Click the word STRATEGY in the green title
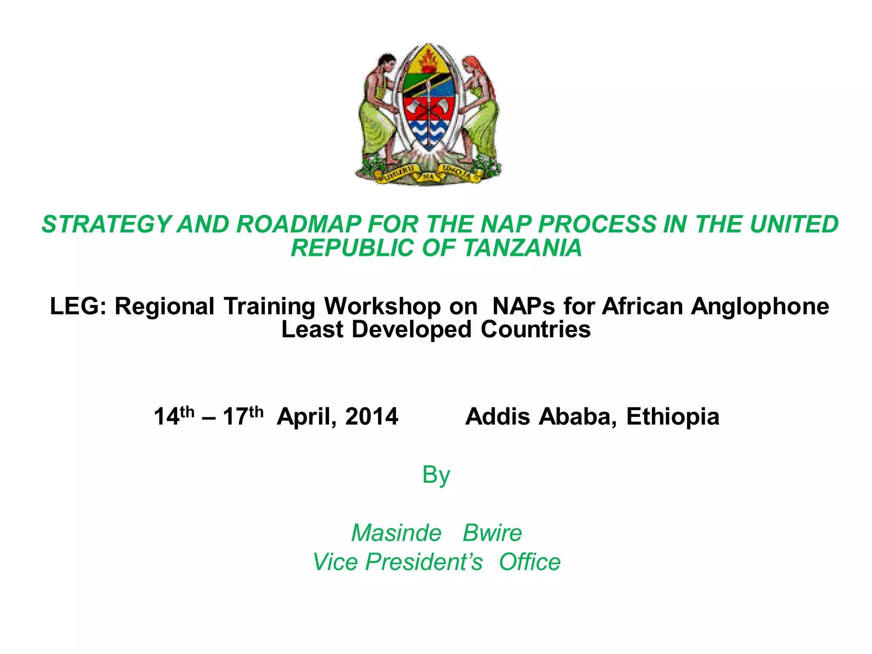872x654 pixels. [x=107, y=224]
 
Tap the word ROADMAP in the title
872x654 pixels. [x=299, y=224]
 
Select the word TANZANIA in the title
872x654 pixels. [x=522, y=248]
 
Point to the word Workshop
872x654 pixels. [x=382, y=306]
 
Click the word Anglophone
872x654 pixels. [x=760, y=306]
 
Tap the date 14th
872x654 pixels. [x=174, y=416]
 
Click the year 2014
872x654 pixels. [x=372, y=416]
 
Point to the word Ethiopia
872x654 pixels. [x=673, y=416]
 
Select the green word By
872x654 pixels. [x=436, y=475]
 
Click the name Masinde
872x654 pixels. [x=396, y=533]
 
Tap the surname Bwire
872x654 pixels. [x=492, y=533]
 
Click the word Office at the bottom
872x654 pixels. [x=530, y=562]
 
